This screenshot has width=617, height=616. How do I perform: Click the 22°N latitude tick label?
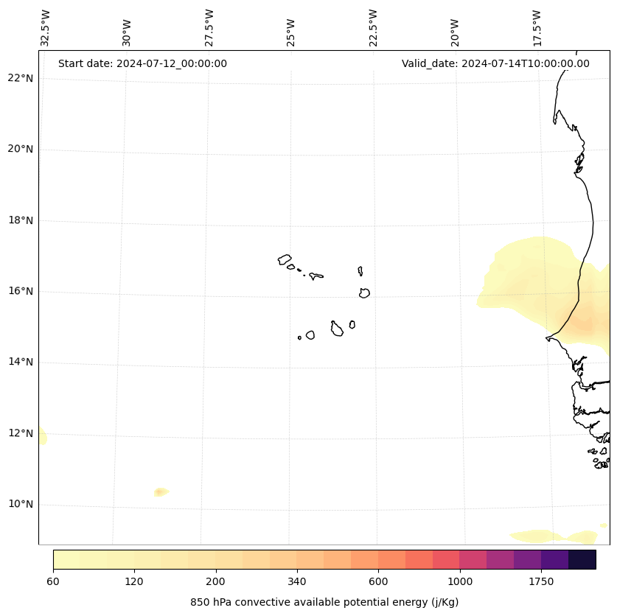[x=21, y=78]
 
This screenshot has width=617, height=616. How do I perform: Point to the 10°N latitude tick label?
[x=21, y=504]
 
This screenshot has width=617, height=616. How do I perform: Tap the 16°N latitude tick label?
[x=21, y=291]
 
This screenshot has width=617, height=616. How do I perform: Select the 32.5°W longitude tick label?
[x=46, y=28]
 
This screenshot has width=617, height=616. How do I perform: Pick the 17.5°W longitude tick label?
[x=537, y=28]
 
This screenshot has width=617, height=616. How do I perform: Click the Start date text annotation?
[x=142, y=63]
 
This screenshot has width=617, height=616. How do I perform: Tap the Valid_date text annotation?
[x=495, y=63]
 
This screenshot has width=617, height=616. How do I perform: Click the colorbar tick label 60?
[x=53, y=581]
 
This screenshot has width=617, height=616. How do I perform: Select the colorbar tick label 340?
[x=297, y=581]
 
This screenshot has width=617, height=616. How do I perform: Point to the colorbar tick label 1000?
[x=460, y=581]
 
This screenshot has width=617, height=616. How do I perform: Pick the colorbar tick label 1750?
[x=541, y=581]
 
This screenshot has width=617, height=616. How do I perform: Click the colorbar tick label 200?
[x=216, y=581]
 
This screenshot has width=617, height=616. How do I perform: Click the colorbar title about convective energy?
[x=324, y=602]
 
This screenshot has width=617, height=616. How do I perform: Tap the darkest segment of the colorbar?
[x=582, y=559]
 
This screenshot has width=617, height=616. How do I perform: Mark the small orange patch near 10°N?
[x=161, y=491]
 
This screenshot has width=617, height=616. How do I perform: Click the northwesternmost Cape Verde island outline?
[x=285, y=259]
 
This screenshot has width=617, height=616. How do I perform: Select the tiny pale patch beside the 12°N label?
[x=43, y=437]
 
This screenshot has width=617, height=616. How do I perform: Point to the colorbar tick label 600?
[x=378, y=581]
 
